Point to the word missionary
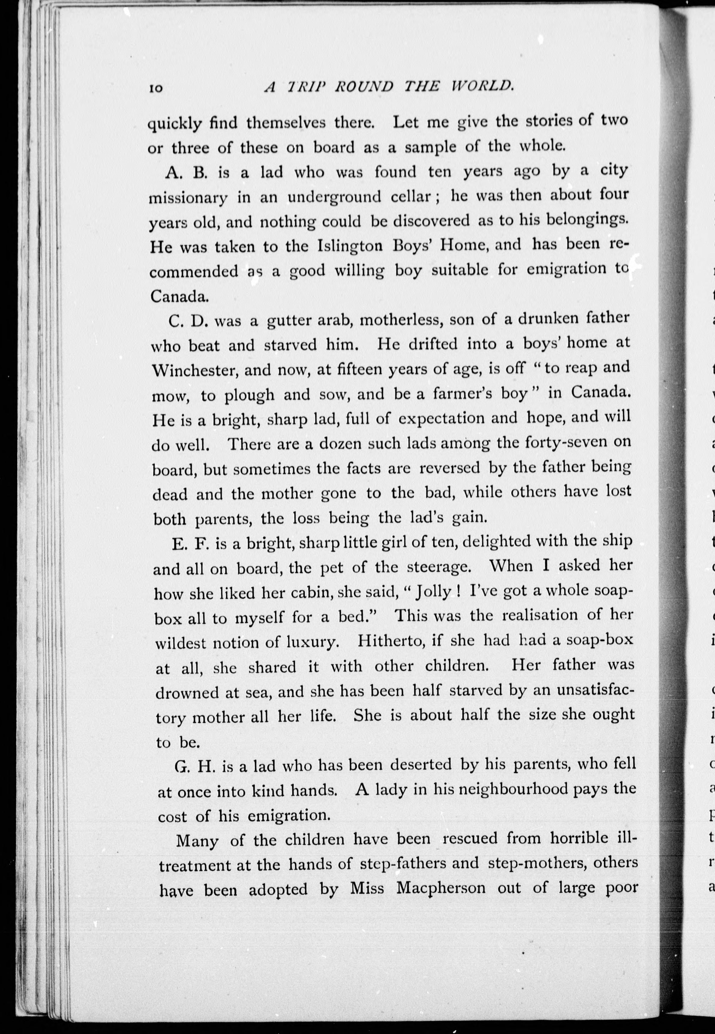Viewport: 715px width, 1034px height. coord(188,198)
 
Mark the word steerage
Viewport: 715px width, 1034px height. coord(439,567)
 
